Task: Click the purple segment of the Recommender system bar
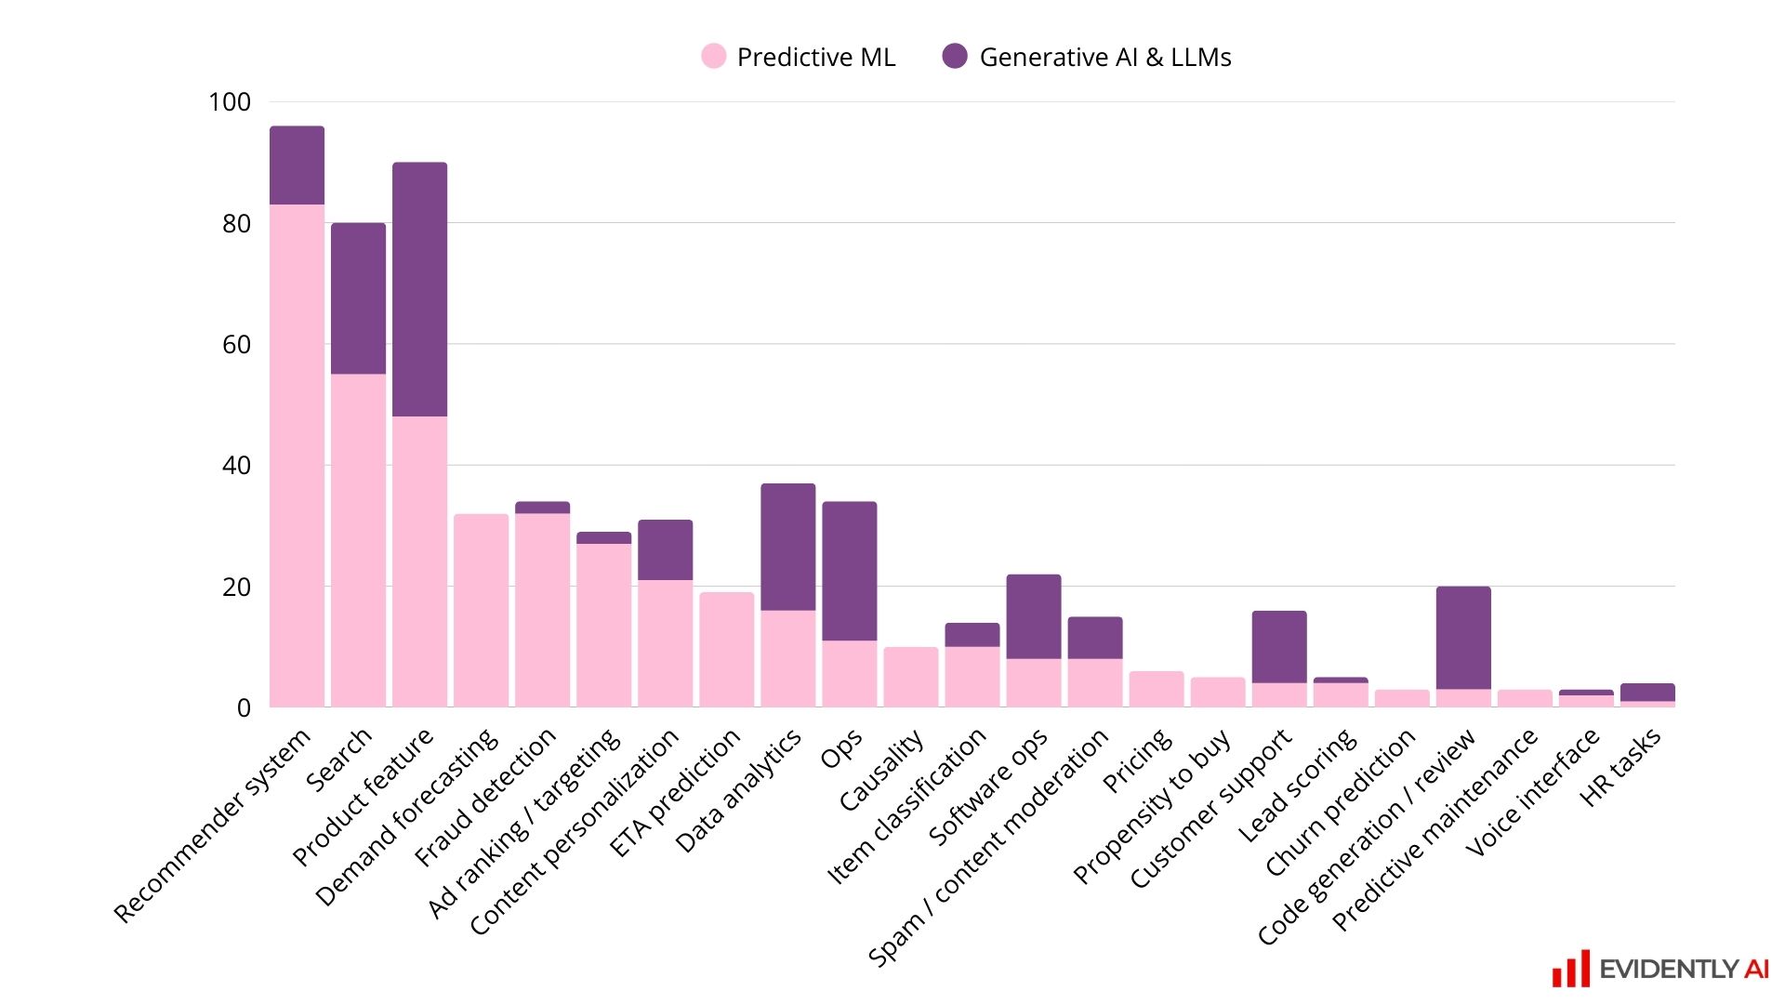[297, 165]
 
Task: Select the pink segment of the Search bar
[358, 539]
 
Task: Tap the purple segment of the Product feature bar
[419, 289]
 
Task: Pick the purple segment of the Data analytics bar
[787, 547]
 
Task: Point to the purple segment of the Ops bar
[849, 571]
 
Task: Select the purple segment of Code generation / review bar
[1463, 638]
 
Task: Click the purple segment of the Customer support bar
[1279, 647]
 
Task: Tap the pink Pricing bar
[1157, 689]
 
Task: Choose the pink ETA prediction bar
[726, 650]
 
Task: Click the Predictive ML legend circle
[713, 57]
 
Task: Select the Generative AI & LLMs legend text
[1104, 58]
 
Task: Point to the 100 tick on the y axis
[230, 102]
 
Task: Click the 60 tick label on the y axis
[236, 345]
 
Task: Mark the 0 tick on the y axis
[244, 708]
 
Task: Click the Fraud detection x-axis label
[486, 797]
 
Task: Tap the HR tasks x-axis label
[1620, 768]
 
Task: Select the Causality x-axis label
[881, 771]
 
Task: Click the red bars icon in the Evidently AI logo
[1570, 970]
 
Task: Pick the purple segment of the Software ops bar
[1033, 616]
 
